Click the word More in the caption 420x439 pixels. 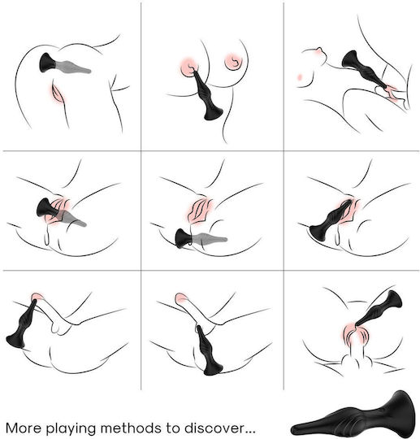point(23,428)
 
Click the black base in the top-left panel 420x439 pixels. point(48,63)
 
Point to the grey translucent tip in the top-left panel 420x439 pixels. point(74,67)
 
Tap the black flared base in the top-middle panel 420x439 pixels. point(213,111)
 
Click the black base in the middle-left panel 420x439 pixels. point(44,208)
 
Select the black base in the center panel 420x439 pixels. point(183,238)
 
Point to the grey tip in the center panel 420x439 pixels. point(210,238)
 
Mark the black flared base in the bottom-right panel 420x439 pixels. point(394,299)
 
